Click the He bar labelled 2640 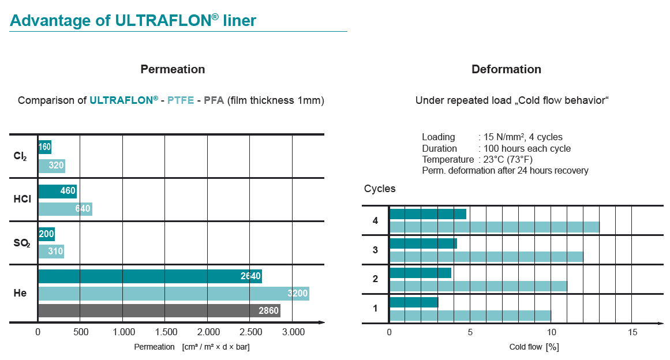(x=149, y=276)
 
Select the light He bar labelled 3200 (x=173, y=294)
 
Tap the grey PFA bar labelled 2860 (x=159, y=311)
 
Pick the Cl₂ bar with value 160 (x=44, y=147)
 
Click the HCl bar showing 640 (x=65, y=209)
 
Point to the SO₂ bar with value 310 (x=51, y=252)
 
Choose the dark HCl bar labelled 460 (x=57, y=192)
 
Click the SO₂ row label (x=21, y=243)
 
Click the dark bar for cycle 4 (x=428, y=214)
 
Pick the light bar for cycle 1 (x=470, y=316)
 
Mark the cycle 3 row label (x=375, y=250)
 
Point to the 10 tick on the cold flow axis (x=551, y=332)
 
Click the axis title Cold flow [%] (x=534, y=347)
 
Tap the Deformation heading (x=506, y=69)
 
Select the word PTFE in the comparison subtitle (x=181, y=100)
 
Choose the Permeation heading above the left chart (x=173, y=69)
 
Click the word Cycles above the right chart (x=380, y=189)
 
